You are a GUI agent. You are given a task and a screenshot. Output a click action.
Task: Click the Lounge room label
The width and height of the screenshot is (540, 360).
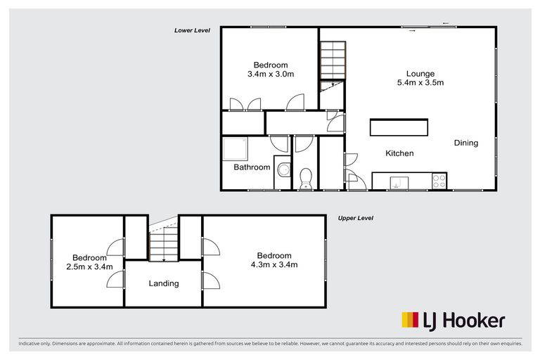(420, 74)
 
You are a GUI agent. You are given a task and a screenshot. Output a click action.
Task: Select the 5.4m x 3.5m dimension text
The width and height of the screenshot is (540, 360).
(420, 83)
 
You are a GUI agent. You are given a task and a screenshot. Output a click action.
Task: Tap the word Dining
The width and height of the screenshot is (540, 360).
(465, 143)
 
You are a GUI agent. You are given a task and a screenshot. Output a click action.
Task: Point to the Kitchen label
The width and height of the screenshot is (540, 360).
(399, 153)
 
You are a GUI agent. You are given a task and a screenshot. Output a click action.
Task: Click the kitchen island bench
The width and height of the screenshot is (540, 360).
(399, 128)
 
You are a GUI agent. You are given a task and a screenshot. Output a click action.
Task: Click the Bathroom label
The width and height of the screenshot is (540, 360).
(252, 167)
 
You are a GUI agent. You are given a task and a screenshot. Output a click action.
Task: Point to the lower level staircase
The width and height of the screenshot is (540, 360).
(333, 61)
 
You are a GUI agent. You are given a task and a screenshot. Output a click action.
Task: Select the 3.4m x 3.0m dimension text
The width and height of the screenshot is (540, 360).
(270, 74)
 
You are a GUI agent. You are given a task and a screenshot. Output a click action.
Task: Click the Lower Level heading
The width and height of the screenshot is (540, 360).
(193, 30)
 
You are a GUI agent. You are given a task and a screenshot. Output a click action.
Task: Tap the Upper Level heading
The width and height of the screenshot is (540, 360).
(355, 218)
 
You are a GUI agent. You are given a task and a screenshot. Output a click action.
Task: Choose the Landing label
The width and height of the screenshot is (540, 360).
(164, 283)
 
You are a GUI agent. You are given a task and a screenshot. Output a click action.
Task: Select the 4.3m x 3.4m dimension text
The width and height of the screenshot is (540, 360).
(274, 265)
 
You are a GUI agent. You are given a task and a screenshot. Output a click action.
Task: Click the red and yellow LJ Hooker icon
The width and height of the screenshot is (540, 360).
(410, 321)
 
